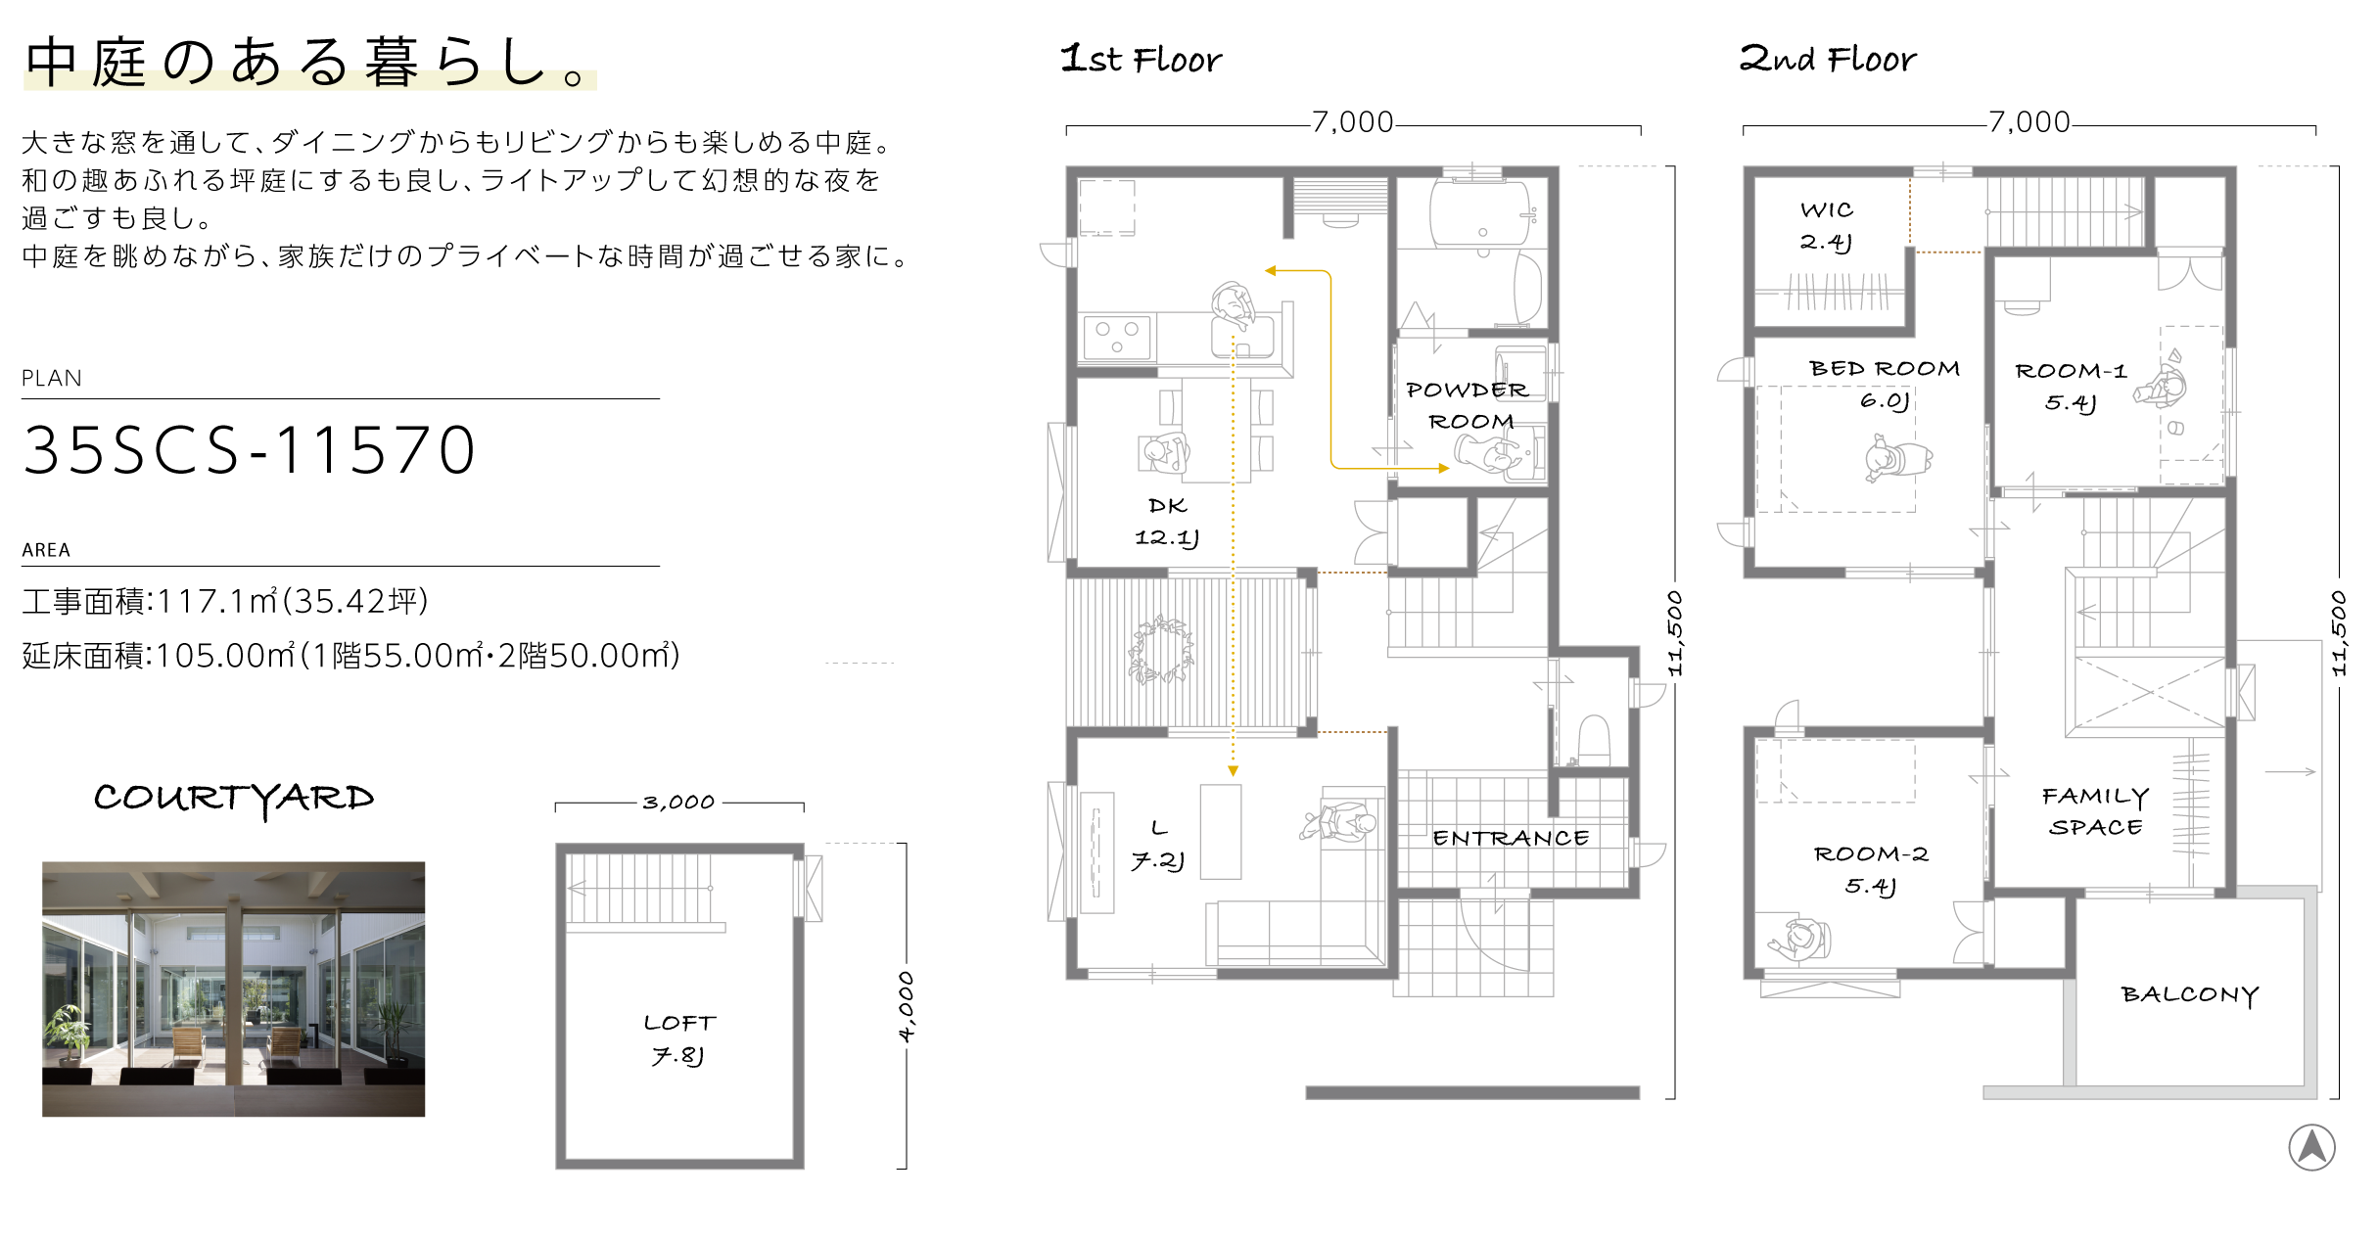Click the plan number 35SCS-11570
[x=250, y=450]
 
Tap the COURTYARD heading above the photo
[x=234, y=799]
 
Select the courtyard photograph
[x=233, y=989]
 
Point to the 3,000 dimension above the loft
[x=678, y=803]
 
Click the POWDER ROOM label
[x=1468, y=405]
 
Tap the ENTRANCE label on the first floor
[x=1511, y=838]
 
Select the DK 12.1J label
[x=1167, y=522]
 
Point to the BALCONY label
[x=2190, y=994]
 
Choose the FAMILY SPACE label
[x=2096, y=811]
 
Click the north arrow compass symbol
[x=2312, y=1147]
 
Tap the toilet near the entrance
[x=1595, y=740]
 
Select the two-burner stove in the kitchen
[x=1117, y=337]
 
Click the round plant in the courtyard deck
[x=1161, y=649]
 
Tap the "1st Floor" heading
[x=1142, y=59]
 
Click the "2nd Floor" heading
[x=1828, y=59]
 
